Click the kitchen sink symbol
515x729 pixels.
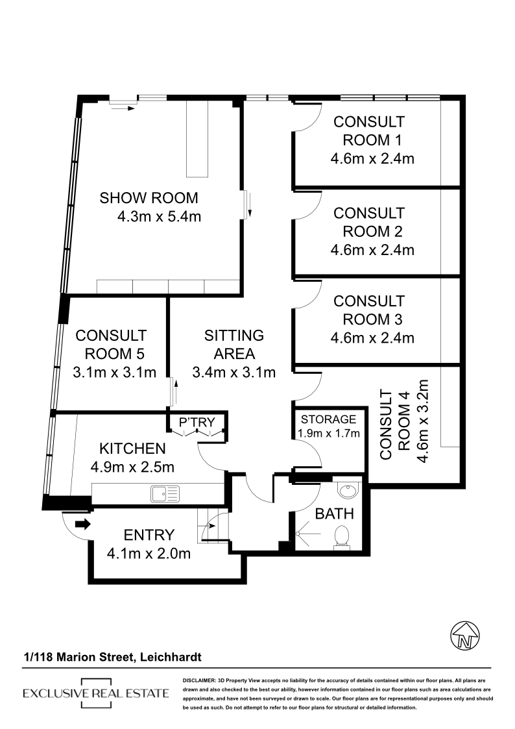click(x=165, y=494)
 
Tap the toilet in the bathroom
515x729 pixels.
click(x=342, y=537)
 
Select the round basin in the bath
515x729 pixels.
click(x=348, y=490)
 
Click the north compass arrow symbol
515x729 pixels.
click(x=465, y=635)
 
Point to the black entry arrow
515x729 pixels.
click(x=82, y=525)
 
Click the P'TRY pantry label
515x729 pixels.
click(x=197, y=422)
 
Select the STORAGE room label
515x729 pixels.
click(x=328, y=419)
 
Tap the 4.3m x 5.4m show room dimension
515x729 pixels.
click(x=160, y=217)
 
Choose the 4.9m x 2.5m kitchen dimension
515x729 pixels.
click(x=132, y=467)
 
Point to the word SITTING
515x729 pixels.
click(x=234, y=335)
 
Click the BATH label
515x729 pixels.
click(x=334, y=513)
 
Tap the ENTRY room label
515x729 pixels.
click(x=149, y=535)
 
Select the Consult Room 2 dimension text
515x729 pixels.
click(x=372, y=250)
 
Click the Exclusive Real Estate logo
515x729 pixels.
click(x=95, y=693)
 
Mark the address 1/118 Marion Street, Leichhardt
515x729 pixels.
click(x=113, y=657)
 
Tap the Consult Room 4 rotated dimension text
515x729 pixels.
click(x=423, y=421)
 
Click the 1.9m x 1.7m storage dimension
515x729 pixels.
click(x=329, y=433)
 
